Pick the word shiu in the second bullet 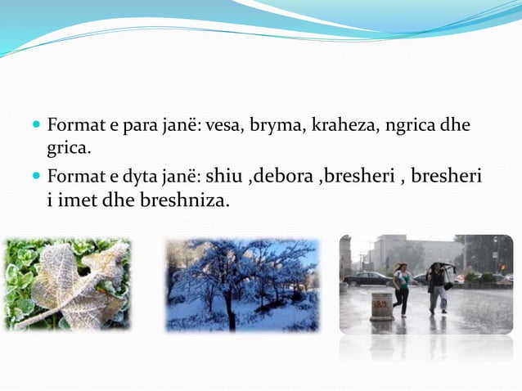[225, 176]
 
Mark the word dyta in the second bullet [134, 176]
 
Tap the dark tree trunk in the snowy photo [232, 311]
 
